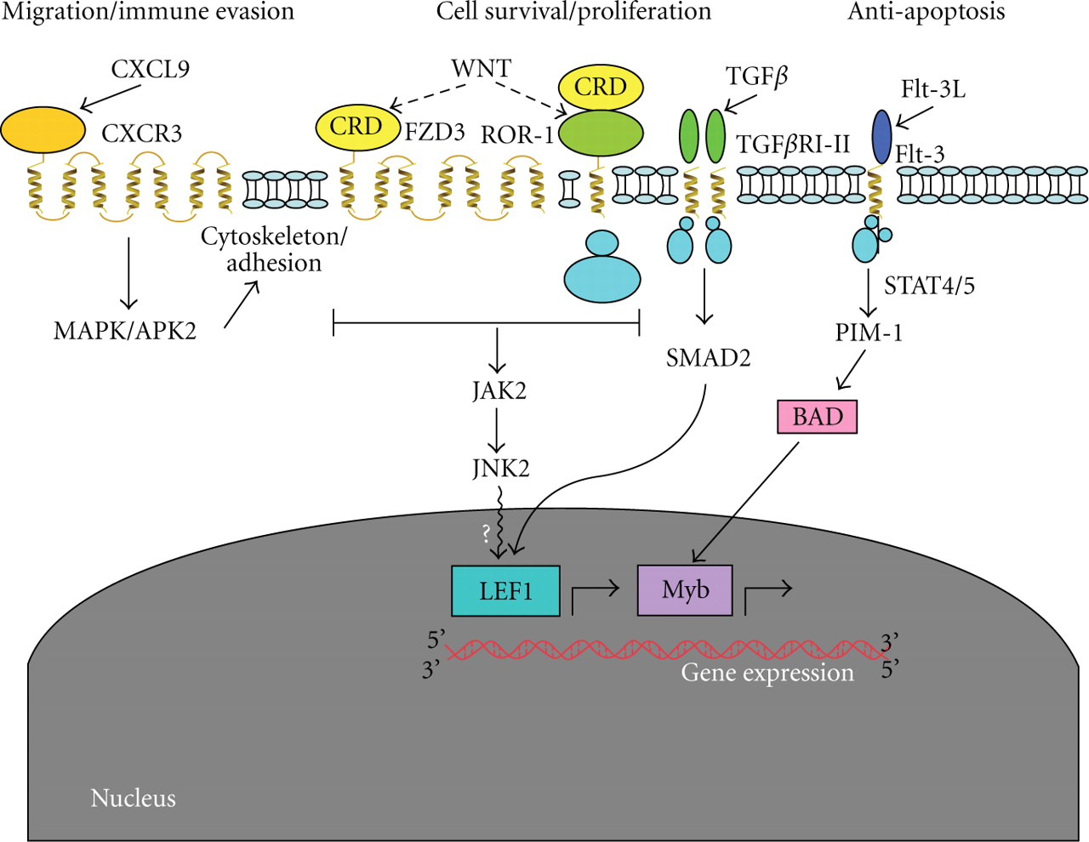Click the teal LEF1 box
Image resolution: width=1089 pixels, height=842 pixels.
coord(505,590)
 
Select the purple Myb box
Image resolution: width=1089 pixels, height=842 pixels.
coord(685,590)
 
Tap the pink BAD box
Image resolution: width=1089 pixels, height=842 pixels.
coord(818,417)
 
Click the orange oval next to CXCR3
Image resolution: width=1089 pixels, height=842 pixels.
coord(43,130)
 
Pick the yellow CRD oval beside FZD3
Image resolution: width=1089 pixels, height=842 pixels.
coord(357,127)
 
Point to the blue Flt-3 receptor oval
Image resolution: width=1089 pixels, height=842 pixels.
coord(882,136)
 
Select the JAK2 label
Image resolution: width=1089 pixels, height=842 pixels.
coord(499,390)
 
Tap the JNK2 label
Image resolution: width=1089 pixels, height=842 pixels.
coord(501,468)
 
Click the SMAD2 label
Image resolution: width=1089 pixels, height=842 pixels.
coord(708,358)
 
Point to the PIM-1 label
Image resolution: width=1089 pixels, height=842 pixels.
coord(869,333)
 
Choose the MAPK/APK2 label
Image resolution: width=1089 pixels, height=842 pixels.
coord(125,331)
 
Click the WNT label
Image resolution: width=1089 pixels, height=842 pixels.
coord(481,68)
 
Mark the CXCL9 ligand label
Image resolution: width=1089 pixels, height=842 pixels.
coord(150,69)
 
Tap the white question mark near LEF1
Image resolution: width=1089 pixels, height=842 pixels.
coord(486,534)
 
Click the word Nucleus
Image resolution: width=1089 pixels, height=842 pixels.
coord(134,798)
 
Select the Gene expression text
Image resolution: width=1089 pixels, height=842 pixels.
coord(767,673)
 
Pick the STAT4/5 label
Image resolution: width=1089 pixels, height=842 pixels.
coord(929,286)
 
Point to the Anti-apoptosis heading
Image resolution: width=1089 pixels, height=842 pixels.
coord(927,12)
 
